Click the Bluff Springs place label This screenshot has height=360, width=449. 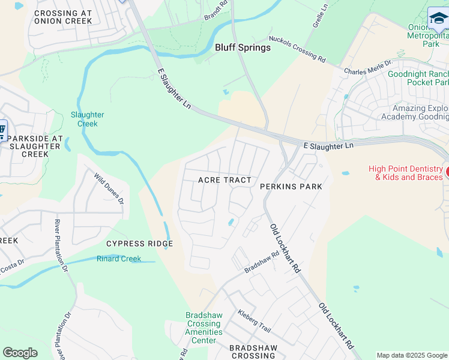(243, 47)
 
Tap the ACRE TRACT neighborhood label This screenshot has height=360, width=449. (224, 180)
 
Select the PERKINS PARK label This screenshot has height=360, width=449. (291, 187)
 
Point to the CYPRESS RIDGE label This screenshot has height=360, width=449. (139, 244)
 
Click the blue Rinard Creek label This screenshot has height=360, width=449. (119, 259)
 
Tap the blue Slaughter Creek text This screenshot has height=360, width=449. (88, 119)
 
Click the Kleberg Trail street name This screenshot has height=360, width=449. (254, 321)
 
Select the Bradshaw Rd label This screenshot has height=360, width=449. (262, 262)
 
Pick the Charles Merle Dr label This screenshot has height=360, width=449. (368, 67)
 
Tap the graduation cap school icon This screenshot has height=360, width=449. (438, 20)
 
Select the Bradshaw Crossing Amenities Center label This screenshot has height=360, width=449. (204, 332)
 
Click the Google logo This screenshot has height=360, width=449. (20, 353)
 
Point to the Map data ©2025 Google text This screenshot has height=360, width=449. (412, 355)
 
